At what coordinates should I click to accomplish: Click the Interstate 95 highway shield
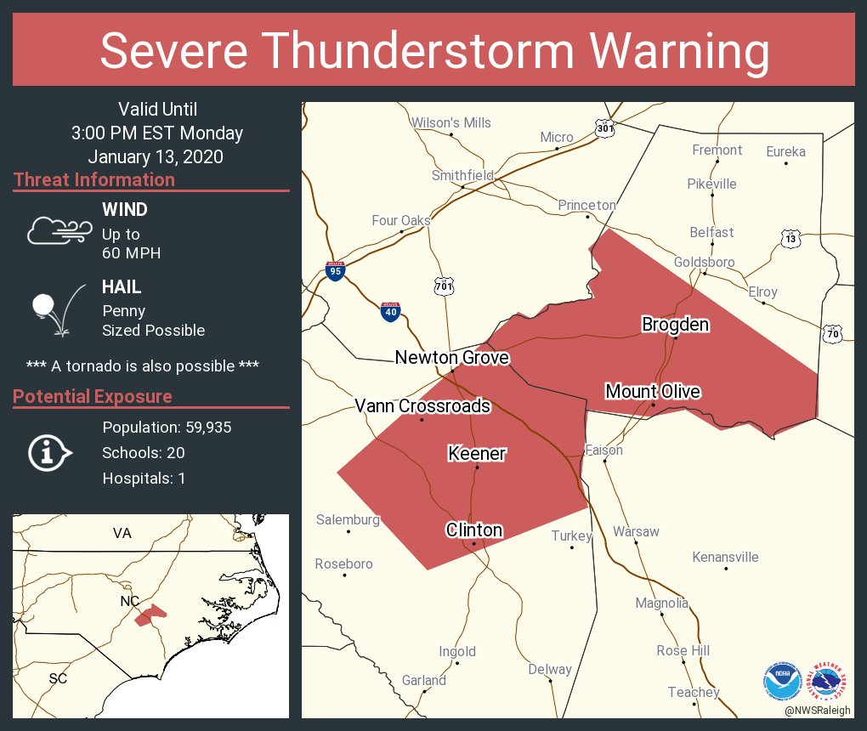tap(336, 272)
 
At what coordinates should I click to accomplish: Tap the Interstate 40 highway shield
tap(389, 311)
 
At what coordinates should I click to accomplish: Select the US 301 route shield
tap(604, 128)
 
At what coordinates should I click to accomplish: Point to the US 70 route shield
tap(832, 334)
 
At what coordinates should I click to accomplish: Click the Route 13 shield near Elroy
tap(790, 239)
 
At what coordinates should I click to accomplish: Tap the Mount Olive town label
tap(653, 391)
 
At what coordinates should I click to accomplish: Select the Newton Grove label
tap(452, 358)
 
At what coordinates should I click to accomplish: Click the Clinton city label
tap(474, 530)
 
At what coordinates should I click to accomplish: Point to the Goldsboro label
tap(704, 262)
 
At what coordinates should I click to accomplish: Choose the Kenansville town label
tap(725, 558)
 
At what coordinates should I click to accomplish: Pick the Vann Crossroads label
tap(422, 405)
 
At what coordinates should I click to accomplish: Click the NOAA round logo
tap(781, 681)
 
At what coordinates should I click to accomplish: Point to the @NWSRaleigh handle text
tap(819, 710)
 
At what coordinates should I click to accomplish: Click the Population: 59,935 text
tap(167, 427)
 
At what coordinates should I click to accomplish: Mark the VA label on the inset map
tap(122, 533)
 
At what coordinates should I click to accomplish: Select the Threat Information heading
tap(94, 179)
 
